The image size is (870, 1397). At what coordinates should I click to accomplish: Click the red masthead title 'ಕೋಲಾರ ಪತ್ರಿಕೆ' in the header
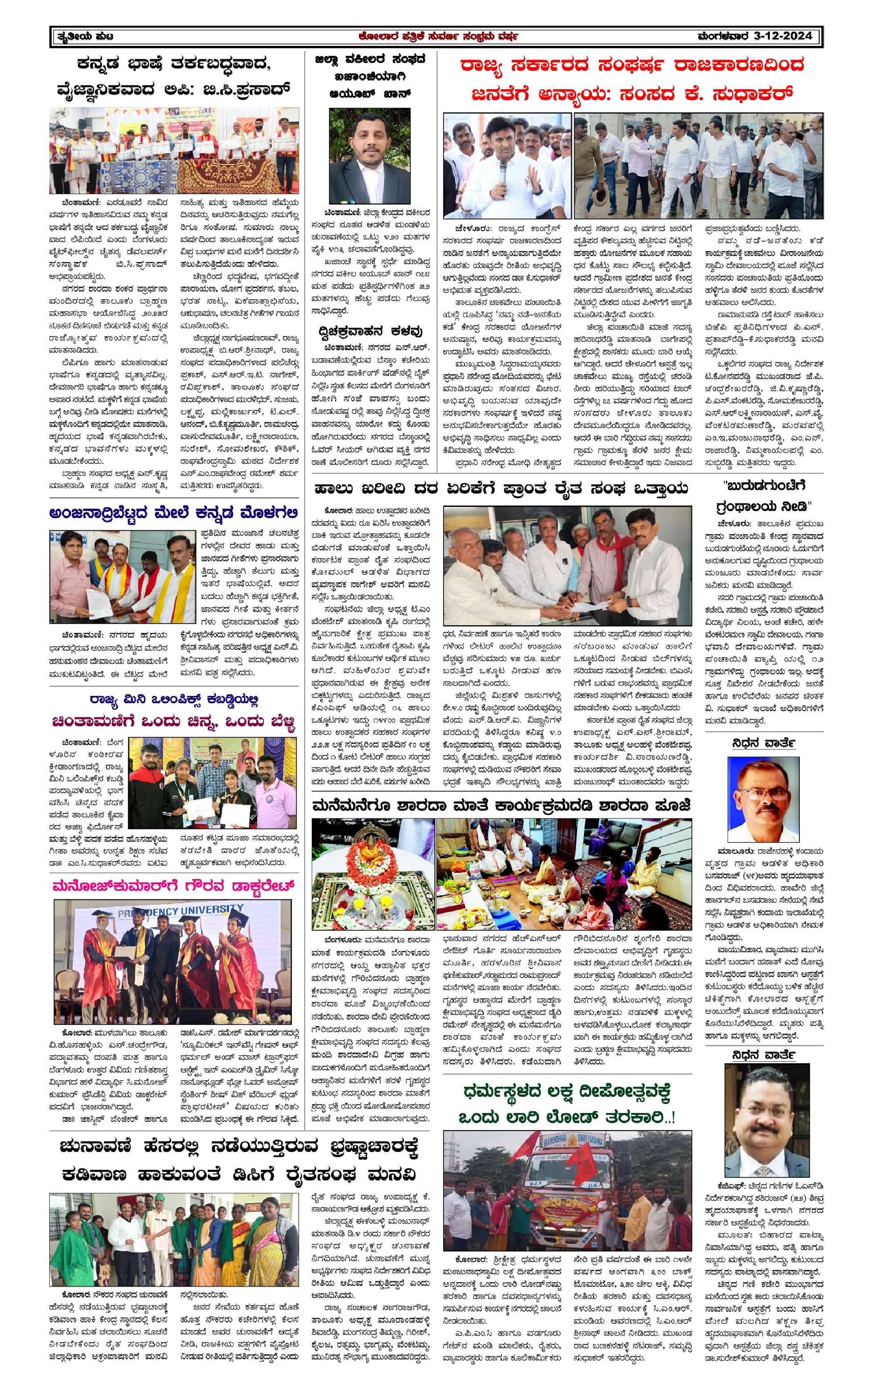click(391, 36)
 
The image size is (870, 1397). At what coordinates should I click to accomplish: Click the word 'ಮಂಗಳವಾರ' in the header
click(722, 36)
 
